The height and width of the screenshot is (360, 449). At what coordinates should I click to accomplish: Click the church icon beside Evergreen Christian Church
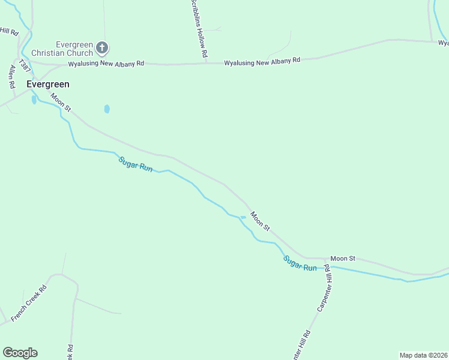[x=102, y=47]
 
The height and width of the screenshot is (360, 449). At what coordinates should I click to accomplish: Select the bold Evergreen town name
[x=48, y=85]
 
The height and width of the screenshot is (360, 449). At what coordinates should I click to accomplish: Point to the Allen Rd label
[x=11, y=77]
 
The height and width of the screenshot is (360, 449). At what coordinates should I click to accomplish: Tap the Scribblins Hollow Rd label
[x=199, y=29]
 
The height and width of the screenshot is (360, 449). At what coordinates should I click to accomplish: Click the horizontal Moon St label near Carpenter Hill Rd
[x=343, y=258]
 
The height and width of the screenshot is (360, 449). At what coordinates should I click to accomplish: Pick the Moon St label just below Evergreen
[x=61, y=103]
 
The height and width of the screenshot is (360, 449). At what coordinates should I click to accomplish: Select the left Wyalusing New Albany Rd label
[x=106, y=63]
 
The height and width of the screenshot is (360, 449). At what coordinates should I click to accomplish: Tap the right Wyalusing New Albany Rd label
[x=262, y=62]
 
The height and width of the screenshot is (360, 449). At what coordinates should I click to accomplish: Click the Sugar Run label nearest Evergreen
[x=135, y=164]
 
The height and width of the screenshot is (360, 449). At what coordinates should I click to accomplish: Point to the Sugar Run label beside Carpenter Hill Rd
[x=300, y=263]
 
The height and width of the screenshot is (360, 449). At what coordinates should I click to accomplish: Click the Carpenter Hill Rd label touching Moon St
[x=325, y=287]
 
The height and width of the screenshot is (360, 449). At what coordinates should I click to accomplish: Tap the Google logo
[x=20, y=352]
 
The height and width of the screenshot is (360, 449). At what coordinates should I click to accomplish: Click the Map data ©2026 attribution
[x=423, y=355]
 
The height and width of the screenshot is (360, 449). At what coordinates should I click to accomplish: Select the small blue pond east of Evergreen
[x=107, y=109]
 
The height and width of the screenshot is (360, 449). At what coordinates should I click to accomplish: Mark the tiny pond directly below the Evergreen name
[x=34, y=100]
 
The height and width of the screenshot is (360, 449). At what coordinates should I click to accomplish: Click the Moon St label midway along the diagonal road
[x=261, y=221]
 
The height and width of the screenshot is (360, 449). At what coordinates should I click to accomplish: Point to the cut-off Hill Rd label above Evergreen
[x=9, y=31]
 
